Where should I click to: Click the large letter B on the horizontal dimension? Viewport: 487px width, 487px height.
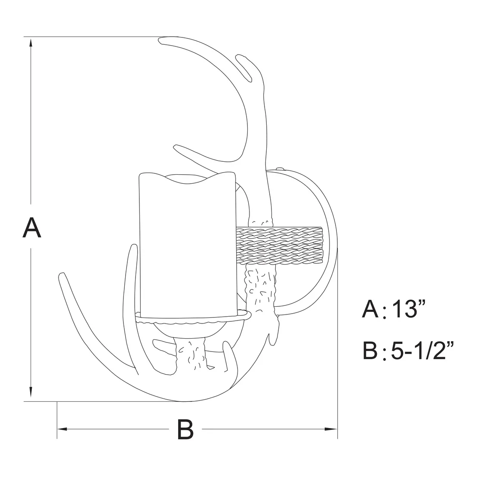[185, 429]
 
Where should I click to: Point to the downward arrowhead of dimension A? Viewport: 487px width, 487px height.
[31, 392]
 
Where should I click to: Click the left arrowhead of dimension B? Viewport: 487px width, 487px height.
[62, 429]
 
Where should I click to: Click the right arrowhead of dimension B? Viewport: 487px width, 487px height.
[331, 429]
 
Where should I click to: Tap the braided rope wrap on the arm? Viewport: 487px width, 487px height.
[280, 246]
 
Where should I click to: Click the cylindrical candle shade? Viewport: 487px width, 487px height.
[187, 245]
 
